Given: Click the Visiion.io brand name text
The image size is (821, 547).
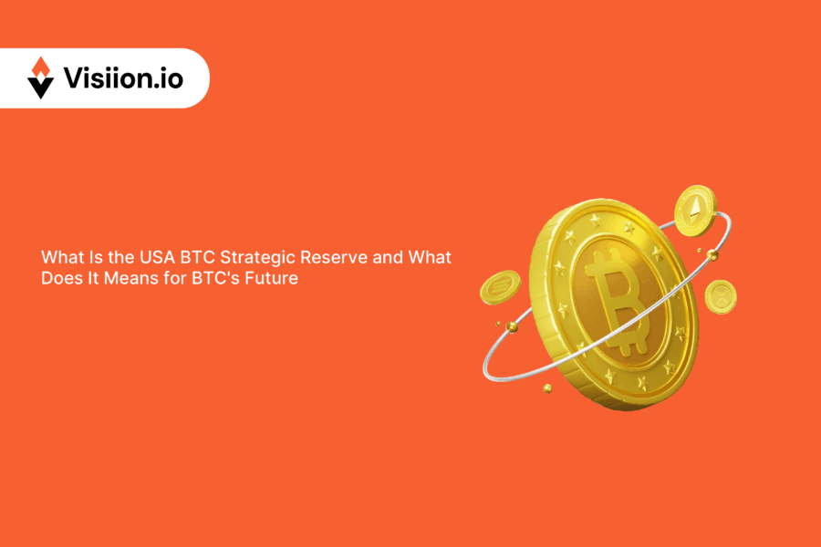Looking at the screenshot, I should coord(123,78).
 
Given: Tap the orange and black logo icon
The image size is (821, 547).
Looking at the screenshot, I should coord(41,78).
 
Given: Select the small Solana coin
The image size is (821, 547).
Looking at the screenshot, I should coord(499,287).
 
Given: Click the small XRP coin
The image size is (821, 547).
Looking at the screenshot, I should coord(721,297).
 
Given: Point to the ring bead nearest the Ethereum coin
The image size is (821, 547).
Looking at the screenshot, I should coord(700,250).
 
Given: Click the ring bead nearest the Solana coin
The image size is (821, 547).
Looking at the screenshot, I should coord(513,325).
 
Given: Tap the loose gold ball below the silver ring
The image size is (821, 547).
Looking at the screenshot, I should coord(547,387).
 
